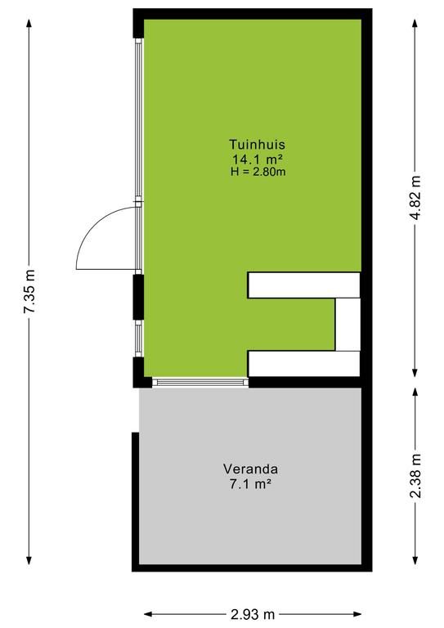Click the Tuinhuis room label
257,144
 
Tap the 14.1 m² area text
258,159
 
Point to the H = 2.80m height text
258,173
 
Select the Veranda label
251,469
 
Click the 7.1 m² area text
251,484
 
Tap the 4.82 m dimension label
416,198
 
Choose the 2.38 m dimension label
416,476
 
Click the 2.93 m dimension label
253,613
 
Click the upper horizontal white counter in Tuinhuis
304,285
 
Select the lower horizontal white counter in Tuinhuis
304,364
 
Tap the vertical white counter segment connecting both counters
348,325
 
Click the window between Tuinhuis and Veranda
200,383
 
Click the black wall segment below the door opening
138,297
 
